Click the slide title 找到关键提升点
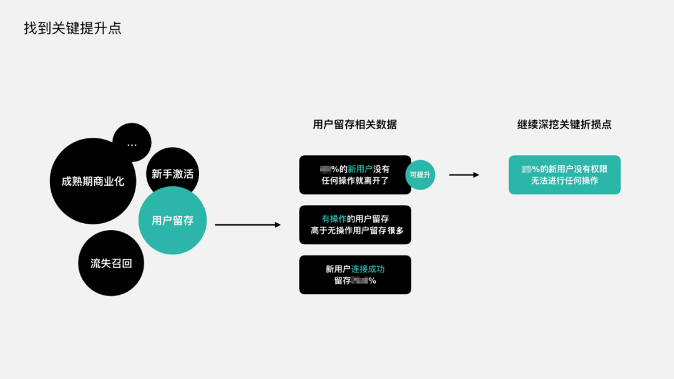pos(72,29)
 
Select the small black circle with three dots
pos(132,143)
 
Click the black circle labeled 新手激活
pos(173,174)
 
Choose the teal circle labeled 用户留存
pos(172,221)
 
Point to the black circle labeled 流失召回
pos(110,263)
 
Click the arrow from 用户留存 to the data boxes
pos(247,224)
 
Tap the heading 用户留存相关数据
pos(354,124)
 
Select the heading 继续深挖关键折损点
pos(564,124)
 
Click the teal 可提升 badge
pos(420,175)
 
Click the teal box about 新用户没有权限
pos(564,175)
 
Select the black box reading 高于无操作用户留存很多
pos(355,224)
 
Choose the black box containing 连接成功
pos(355,274)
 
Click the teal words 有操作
pos(334,219)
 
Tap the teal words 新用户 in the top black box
pos(360,169)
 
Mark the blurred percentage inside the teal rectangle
pos(526,169)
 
